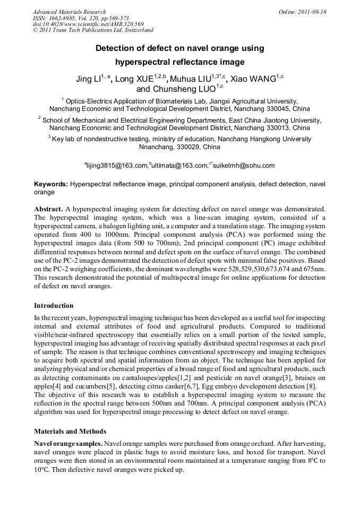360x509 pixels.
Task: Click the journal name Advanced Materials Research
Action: coord(69,12)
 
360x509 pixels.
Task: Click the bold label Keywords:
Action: coord(51,184)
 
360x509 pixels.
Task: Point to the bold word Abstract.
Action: coord(49,210)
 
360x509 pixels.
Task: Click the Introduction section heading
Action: coord(54,306)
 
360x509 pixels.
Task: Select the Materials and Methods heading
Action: coord(70,431)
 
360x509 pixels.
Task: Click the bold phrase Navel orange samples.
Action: coord(68,443)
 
